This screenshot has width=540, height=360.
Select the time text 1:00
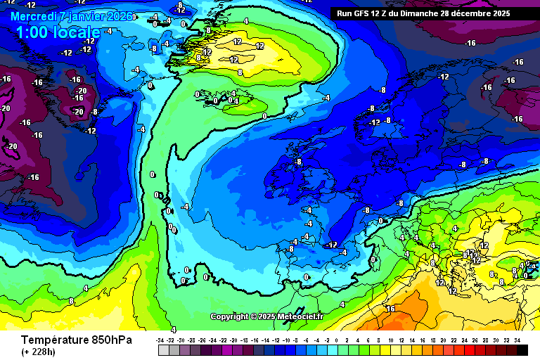[x=32, y=32]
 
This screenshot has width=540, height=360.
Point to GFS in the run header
[x=363, y=13]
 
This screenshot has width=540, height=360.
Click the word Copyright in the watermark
[x=229, y=316]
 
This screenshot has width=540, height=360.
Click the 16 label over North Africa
[x=390, y=309]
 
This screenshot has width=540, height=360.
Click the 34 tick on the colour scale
[x=517, y=340]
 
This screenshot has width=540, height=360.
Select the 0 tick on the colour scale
[x=337, y=340]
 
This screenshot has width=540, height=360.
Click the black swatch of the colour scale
[x=521, y=349]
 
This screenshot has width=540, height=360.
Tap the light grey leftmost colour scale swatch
[x=164, y=349]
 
